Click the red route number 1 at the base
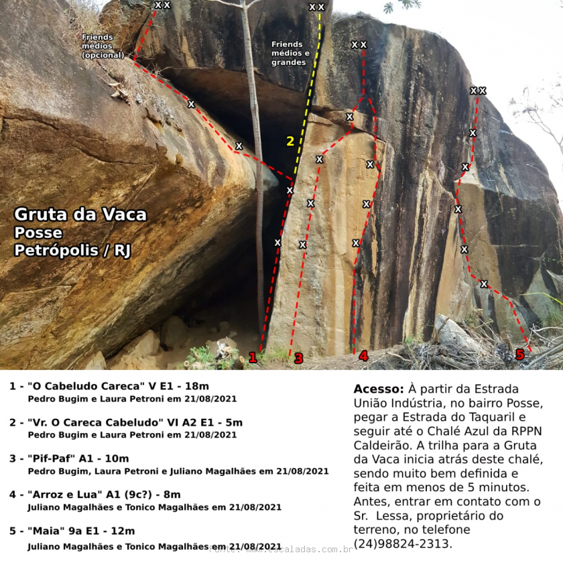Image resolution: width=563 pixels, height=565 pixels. coord(253,358)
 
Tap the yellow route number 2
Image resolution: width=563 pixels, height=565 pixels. coord(290,141)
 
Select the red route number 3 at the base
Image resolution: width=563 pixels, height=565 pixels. coord(298,359)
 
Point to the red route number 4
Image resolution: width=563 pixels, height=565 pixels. coord(363,356)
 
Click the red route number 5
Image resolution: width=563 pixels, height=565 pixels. coord(519,355)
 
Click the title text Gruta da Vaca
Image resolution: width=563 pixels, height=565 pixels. coord(80,215)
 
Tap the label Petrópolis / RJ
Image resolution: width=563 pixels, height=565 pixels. coord(72,250)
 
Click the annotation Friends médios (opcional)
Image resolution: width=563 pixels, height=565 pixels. coord(102,46)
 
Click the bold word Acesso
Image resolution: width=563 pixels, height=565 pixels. coord(378,389)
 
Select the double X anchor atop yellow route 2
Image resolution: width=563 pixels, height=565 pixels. coord(316,7)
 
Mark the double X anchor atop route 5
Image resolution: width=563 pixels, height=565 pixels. coord(478,90)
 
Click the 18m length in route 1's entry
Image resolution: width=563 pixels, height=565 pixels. coord(196,386)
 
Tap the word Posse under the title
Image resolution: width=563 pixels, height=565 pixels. coord(38,233)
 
